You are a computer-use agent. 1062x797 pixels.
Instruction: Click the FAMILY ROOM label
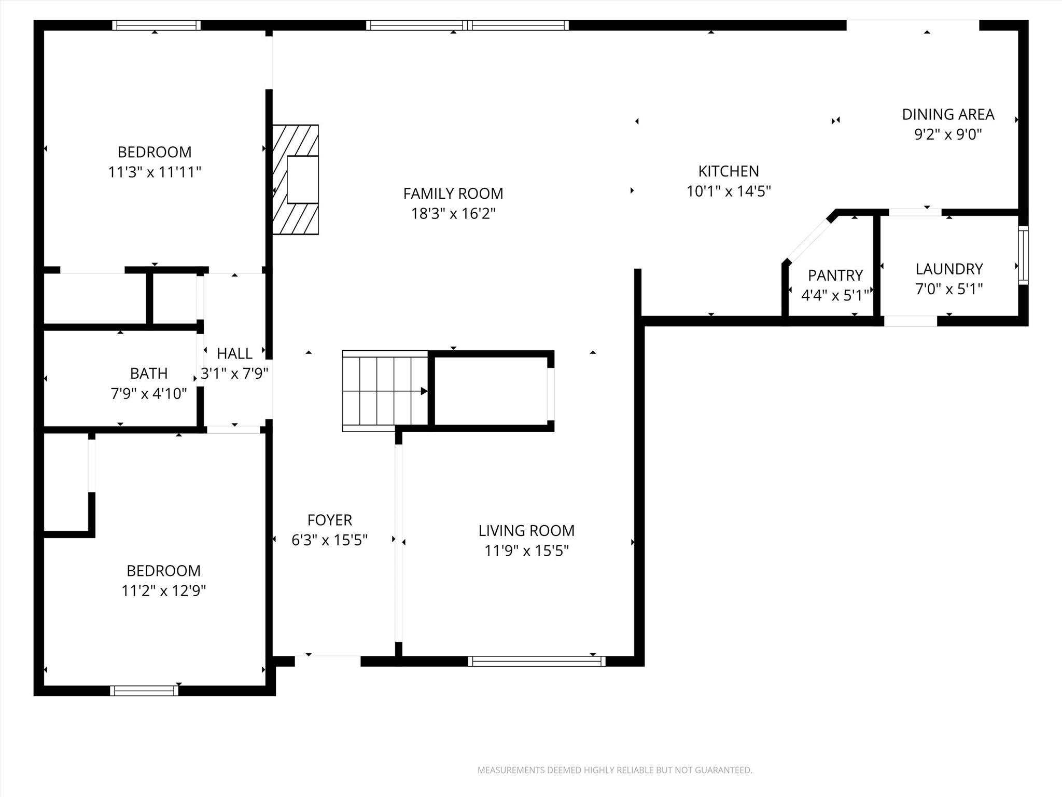(x=453, y=194)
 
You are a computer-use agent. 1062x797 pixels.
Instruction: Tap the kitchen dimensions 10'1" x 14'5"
(x=729, y=191)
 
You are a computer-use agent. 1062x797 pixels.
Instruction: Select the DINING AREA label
(x=948, y=114)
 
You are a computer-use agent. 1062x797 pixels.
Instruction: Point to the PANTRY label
(x=835, y=275)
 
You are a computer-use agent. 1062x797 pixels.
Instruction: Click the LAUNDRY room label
(x=949, y=269)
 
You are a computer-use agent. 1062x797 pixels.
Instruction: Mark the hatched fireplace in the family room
(x=295, y=180)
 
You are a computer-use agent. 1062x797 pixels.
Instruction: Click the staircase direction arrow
(x=424, y=391)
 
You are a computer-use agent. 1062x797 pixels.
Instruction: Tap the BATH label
(x=149, y=374)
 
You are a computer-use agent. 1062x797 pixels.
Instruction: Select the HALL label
(x=234, y=353)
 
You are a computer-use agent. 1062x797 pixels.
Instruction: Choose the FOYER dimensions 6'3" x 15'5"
(x=329, y=540)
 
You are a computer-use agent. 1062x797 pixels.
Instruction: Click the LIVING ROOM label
(x=526, y=530)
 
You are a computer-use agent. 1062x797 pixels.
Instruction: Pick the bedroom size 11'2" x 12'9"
(x=163, y=590)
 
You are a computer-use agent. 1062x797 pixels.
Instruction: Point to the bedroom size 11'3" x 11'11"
(x=155, y=172)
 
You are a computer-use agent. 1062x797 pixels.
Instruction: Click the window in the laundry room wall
(x=1023, y=255)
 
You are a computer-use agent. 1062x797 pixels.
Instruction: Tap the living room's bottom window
(x=536, y=661)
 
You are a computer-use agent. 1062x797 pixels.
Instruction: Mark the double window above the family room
(x=467, y=25)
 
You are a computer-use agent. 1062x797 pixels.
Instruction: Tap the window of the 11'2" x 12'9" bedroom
(x=144, y=690)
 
